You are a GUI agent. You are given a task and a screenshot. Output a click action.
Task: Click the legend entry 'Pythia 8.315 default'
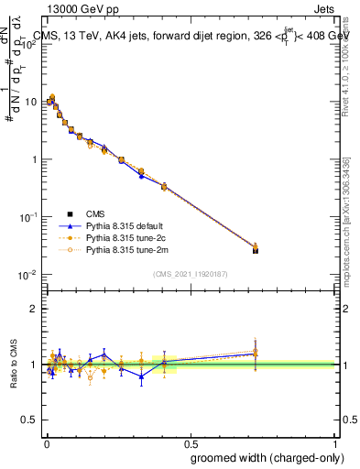point(98,225)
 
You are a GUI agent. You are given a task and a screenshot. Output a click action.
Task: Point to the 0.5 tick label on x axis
point(190,439)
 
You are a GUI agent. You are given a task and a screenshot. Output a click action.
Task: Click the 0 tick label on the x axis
point(46,439)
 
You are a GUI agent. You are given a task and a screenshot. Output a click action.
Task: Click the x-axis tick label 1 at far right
point(334,439)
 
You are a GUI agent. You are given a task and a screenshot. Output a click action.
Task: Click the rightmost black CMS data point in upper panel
point(256,250)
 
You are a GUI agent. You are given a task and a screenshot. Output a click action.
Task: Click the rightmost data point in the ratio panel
point(256,352)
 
